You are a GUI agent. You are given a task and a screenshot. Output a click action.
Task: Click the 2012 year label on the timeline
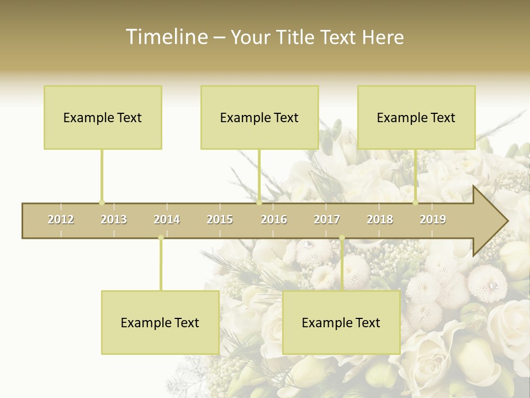coord(61,219)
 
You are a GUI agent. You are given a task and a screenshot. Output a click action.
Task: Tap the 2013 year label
coord(114,219)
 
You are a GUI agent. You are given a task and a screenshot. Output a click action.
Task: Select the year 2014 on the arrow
coord(167,219)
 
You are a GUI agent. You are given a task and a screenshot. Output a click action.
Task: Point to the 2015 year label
coord(220,219)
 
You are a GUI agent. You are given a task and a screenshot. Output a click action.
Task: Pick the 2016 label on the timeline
coord(274,219)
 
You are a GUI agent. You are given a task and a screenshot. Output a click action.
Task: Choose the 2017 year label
coord(327,219)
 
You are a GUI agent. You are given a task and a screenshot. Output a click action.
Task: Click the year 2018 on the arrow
coord(380,219)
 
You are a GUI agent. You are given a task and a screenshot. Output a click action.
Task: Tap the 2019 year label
coord(433,219)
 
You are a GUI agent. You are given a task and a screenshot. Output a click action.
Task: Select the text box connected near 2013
coord(103,117)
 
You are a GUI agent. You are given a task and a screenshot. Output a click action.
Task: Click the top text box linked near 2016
coord(259,117)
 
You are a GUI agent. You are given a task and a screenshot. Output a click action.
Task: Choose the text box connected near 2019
coord(416,117)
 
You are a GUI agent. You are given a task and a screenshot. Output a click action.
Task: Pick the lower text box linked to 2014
coord(160,322)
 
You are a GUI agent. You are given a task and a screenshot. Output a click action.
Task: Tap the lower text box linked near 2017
coord(341,322)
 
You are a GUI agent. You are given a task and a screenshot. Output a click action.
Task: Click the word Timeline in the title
coord(166,37)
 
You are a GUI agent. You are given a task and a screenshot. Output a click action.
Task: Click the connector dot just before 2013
coord(102,202)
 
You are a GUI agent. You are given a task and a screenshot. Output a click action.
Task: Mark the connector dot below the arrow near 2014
coord(161,238)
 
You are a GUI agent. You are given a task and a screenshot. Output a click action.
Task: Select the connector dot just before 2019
coord(416,202)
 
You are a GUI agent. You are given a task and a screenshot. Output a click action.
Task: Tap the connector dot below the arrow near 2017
coord(342,238)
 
